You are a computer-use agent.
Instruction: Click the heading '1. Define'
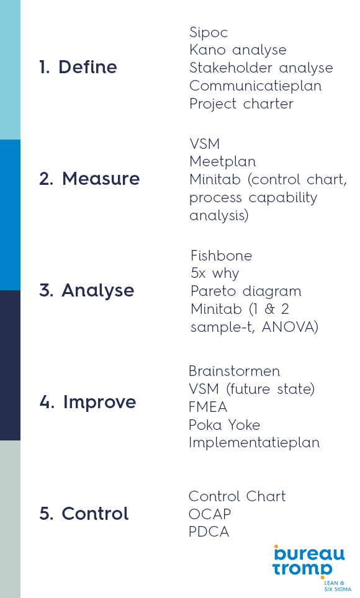coord(78,67)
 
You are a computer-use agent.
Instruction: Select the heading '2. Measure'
coord(89,179)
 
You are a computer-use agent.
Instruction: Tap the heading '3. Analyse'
coord(87,290)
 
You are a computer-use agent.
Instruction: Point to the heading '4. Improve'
coord(88,403)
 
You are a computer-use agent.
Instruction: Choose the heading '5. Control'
coord(84,514)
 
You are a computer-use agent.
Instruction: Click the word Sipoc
coord(209,33)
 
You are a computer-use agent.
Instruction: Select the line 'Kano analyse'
coord(238,50)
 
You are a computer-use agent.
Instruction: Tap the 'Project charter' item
coord(241,104)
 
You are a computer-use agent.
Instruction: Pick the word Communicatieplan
coord(255,86)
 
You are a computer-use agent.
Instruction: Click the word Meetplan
coord(223,162)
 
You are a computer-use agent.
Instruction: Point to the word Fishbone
coord(222,256)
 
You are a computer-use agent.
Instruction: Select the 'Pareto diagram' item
coord(246,292)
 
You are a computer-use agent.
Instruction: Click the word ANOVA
coord(290,327)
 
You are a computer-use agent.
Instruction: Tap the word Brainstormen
coord(235,371)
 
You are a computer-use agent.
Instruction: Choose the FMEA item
coord(208,407)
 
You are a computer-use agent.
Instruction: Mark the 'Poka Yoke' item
coord(225,425)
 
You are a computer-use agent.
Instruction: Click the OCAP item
coord(210,514)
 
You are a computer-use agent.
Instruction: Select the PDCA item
coord(209,532)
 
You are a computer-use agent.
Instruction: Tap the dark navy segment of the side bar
coord(10,365)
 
